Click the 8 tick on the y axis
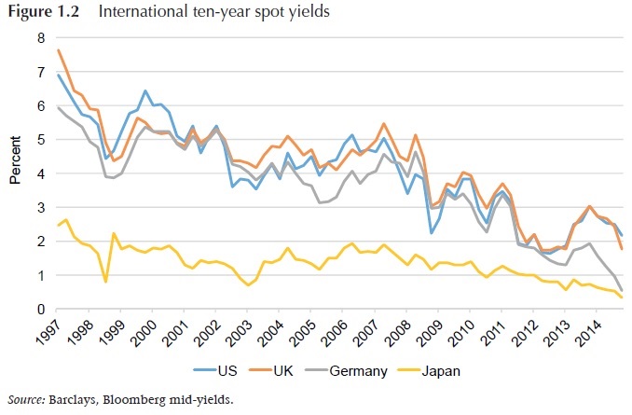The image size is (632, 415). [40, 38]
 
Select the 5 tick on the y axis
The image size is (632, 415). [40, 140]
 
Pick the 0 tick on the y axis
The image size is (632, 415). [40, 310]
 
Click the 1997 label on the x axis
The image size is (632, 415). [58, 330]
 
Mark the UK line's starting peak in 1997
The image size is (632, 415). [58, 49]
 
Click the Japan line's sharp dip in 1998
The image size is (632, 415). [105, 281]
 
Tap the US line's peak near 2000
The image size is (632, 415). [145, 90]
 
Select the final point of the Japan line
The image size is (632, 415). [623, 297]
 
